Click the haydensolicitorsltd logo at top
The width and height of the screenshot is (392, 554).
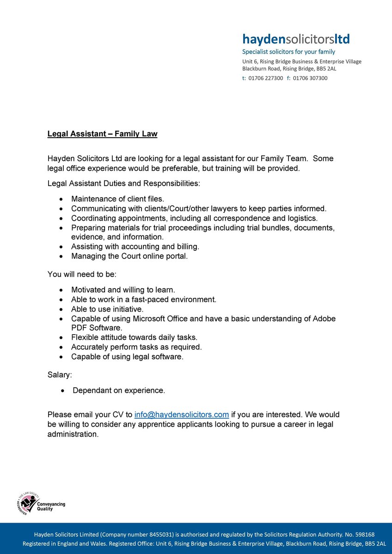click(x=296, y=38)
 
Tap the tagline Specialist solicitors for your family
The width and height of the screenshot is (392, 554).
click(x=289, y=52)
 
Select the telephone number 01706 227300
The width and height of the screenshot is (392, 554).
click(x=266, y=78)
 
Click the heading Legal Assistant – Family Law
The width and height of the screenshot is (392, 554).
click(x=102, y=134)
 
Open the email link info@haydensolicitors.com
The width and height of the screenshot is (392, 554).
click(x=182, y=415)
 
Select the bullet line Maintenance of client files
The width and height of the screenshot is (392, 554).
click(x=117, y=199)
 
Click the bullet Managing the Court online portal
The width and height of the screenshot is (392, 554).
click(x=129, y=256)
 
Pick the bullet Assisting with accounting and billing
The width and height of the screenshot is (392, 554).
click(x=135, y=247)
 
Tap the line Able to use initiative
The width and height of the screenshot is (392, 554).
click(x=107, y=309)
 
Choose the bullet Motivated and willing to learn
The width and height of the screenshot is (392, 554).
click(x=123, y=290)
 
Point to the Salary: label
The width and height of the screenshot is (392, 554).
click(x=60, y=375)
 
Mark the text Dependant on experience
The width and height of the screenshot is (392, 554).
click(x=119, y=391)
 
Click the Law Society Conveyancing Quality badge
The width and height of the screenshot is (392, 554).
click(x=41, y=504)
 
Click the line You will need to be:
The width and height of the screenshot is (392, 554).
click(x=82, y=274)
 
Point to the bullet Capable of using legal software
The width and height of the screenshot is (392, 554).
click(x=127, y=357)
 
